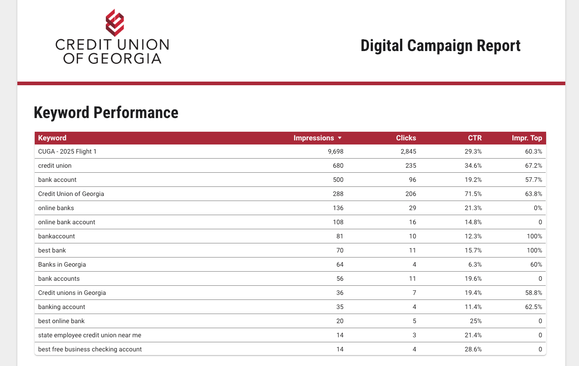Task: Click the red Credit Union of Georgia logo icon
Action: point(115,23)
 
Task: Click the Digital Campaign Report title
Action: point(440,46)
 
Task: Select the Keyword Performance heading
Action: point(106,113)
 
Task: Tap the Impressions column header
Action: point(314,138)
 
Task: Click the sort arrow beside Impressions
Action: point(340,138)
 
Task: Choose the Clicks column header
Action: point(406,138)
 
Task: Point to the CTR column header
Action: point(474,138)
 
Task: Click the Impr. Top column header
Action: point(527,138)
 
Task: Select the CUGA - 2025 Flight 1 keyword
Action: point(68,152)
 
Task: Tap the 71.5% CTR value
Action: point(474,194)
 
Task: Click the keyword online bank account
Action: point(67,222)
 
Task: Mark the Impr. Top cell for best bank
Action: point(534,250)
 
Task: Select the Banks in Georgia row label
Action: point(62,264)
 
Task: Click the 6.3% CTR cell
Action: point(475,264)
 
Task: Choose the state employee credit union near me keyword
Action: point(89,335)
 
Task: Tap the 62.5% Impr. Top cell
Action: point(533,307)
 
